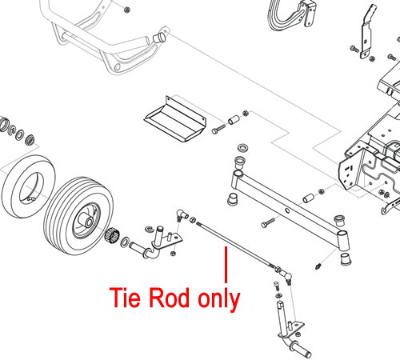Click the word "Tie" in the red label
pyautogui.click(x=125, y=298)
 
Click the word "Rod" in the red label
pyautogui.click(x=169, y=298)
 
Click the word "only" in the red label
pyautogui.click(x=219, y=299)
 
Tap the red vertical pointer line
pyautogui.click(x=226, y=265)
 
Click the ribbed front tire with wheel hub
pyautogui.click(x=78, y=216)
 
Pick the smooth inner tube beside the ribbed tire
pyautogui.click(x=28, y=186)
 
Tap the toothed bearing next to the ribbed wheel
pyautogui.click(x=111, y=235)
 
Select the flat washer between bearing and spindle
pyautogui.click(x=125, y=242)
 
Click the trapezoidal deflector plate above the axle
pyautogui.click(x=175, y=119)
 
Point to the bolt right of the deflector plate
pyautogui.click(x=218, y=129)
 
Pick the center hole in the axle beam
pyautogui.click(x=287, y=211)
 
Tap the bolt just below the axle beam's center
pyautogui.click(x=268, y=223)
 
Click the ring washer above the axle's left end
pyautogui.click(x=242, y=147)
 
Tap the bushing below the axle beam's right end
pyautogui.click(x=346, y=258)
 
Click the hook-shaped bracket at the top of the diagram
pyautogui.click(x=290, y=15)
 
